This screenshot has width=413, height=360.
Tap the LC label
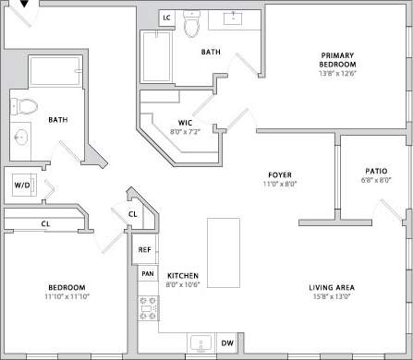click(167, 18)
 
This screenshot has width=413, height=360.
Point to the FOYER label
click(280, 174)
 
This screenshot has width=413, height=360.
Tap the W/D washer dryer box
click(20, 184)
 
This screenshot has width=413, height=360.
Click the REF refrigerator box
click(145, 249)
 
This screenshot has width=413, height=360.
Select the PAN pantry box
click(147, 273)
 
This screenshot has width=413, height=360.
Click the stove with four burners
click(146, 306)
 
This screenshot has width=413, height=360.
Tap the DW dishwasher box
click(227, 343)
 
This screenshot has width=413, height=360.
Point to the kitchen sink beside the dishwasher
click(200, 344)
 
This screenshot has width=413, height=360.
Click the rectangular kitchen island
click(224, 254)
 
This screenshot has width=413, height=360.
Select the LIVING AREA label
click(333, 288)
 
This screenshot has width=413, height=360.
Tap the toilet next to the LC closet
click(192, 25)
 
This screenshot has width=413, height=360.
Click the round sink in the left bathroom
click(20, 138)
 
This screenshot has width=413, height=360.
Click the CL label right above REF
click(133, 214)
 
